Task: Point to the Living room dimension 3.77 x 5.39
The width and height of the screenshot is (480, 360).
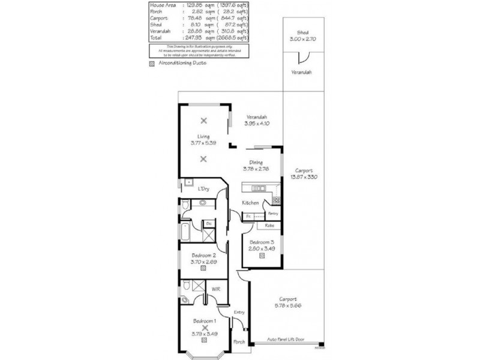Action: (x=203, y=143)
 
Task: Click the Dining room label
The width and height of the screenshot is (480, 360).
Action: (x=256, y=162)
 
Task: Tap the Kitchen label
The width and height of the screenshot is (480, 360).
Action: (x=250, y=203)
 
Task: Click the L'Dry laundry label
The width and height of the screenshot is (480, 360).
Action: (x=203, y=189)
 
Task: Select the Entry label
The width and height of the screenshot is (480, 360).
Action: (x=239, y=313)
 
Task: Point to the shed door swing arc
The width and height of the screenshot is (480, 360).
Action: (x=305, y=58)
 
